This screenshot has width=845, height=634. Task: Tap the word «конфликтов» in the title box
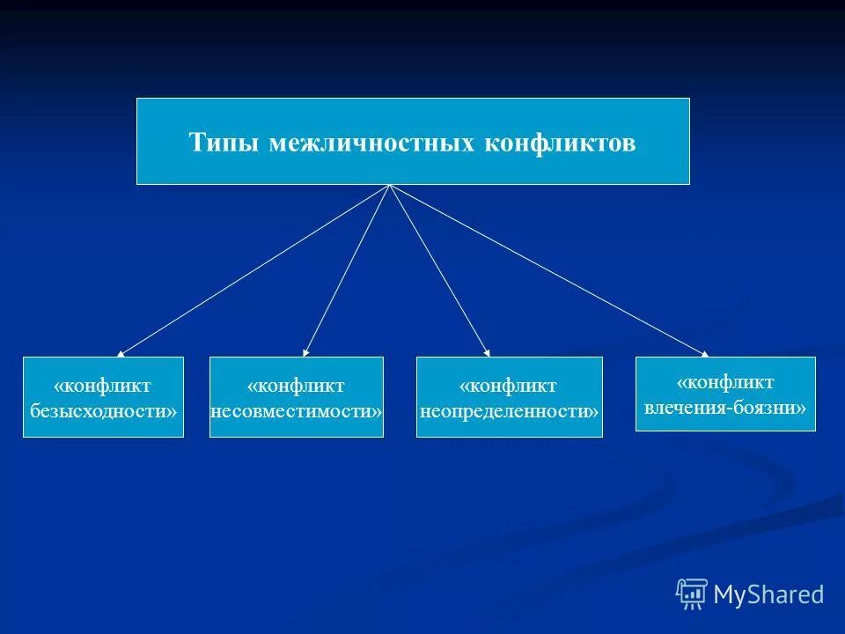click(x=560, y=144)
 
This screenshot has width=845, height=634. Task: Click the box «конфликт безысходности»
click(x=103, y=397)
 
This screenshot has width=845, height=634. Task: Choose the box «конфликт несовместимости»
click(x=297, y=397)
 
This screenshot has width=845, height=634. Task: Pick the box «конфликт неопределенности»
click(x=509, y=397)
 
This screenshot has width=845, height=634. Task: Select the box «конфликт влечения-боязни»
click(x=725, y=394)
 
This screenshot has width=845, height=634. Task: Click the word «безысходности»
click(x=103, y=410)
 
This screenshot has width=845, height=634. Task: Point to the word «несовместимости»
click(x=297, y=410)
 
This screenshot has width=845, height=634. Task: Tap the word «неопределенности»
click(x=509, y=410)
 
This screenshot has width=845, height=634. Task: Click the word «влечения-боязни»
click(x=725, y=408)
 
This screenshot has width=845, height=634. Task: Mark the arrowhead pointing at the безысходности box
click(x=120, y=353)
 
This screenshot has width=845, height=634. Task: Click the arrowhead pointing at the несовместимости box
click(x=305, y=353)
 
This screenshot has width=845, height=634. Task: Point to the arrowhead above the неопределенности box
click(x=488, y=353)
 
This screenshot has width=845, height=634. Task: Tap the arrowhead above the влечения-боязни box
click(x=704, y=354)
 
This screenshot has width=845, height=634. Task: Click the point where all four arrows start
click(x=389, y=186)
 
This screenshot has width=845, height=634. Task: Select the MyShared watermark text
click(x=768, y=594)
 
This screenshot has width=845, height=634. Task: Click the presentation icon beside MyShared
click(x=692, y=594)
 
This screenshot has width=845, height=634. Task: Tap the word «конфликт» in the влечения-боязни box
click(x=725, y=382)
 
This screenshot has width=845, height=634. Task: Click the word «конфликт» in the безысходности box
click(x=103, y=386)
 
